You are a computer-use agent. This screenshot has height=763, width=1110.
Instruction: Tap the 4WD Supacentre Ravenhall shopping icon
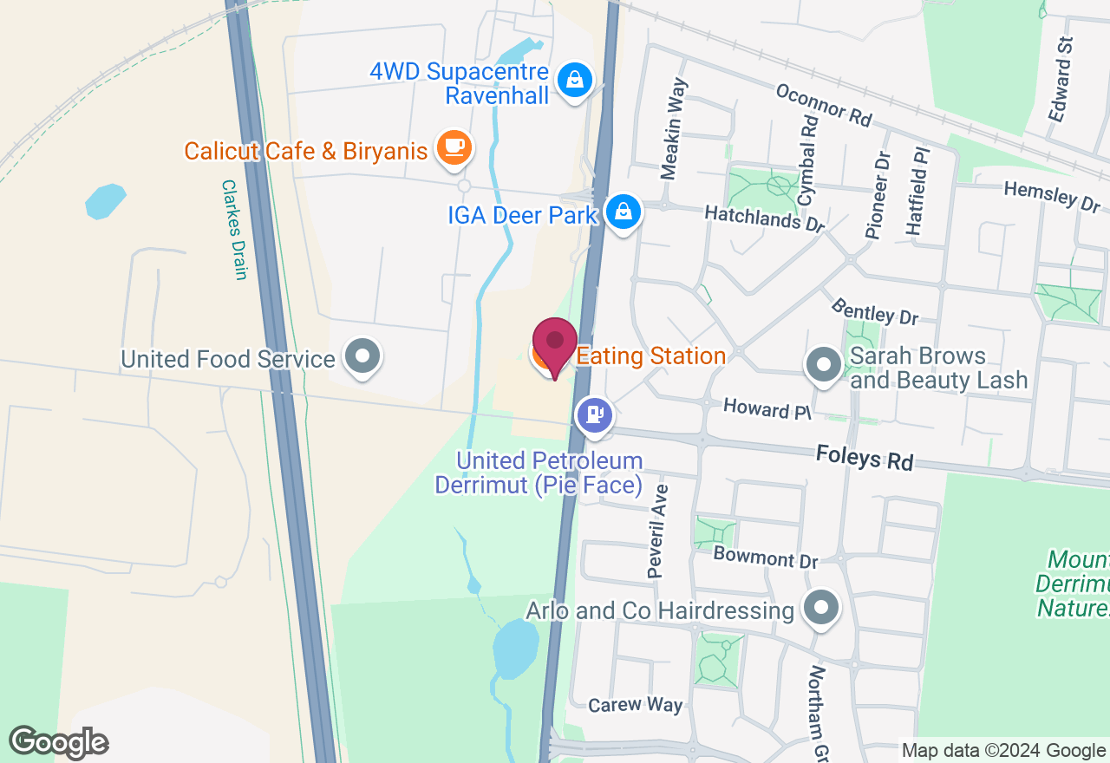574,82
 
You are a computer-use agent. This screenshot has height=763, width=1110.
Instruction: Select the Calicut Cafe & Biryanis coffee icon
454,147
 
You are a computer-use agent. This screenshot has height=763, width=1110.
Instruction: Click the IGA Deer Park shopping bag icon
623,211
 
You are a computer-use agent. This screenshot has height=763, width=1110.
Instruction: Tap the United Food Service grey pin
362,355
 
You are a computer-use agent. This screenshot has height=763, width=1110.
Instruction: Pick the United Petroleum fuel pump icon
595,414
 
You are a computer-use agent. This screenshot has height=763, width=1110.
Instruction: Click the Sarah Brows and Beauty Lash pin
823,365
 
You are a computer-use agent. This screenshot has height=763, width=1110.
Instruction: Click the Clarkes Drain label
235,230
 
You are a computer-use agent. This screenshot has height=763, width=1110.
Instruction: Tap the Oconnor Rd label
823,105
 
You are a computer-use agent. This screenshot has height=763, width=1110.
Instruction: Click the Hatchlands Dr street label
764,218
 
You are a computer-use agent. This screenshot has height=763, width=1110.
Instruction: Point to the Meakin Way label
674,128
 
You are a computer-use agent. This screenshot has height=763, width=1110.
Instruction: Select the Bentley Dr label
874,310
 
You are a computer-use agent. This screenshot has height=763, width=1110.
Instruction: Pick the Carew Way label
635,705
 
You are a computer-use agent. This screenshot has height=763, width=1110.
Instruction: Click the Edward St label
1061,80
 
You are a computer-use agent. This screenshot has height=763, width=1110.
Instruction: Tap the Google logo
58,742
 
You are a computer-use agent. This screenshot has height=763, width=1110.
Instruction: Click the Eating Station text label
650,356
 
